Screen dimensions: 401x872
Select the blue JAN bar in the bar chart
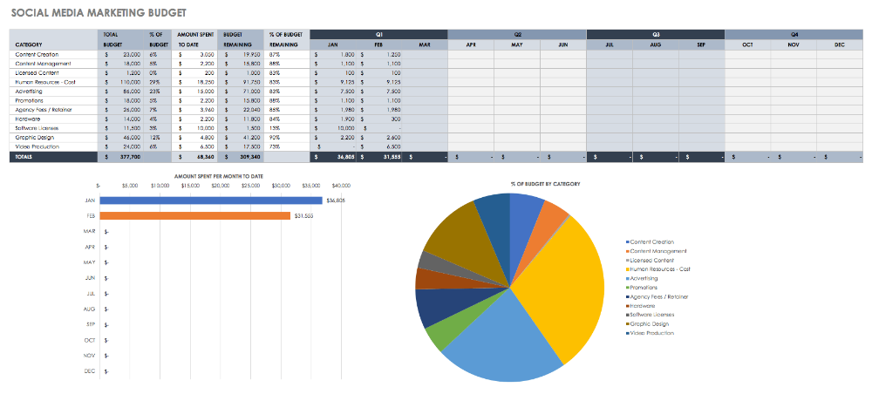(209, 200)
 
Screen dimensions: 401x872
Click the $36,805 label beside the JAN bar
(336, 200)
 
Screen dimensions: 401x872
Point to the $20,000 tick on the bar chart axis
(220, 185)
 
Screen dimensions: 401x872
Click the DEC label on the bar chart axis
(90, 370)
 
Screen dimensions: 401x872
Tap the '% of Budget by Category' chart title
(545, 184)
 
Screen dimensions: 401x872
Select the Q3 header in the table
(656, 34)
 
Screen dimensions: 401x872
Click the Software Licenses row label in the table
(37, 127)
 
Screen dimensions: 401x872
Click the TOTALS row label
(24, 157)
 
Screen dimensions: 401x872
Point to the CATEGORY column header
(29, 44)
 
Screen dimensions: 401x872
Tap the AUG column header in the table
(656, 44)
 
